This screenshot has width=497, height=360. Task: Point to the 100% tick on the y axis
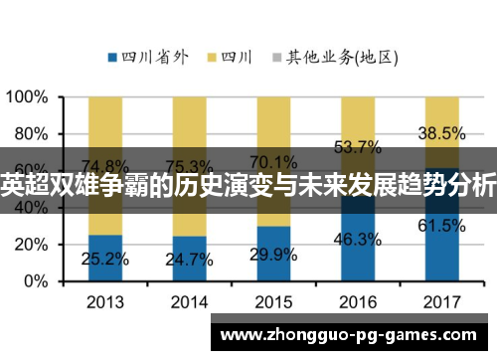27,98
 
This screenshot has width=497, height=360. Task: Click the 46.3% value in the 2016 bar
357,240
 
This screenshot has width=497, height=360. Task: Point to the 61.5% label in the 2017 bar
440,226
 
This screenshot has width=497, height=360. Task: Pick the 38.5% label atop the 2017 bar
440,132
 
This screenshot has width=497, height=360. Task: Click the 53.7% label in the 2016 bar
357,147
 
